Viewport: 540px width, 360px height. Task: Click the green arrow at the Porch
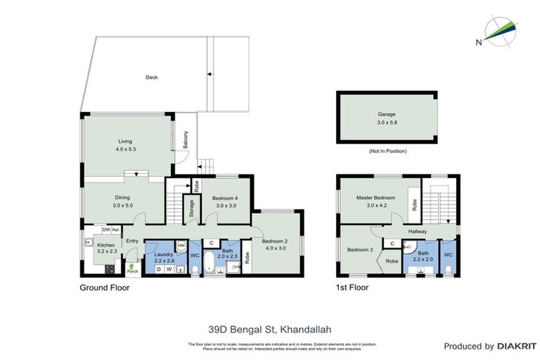131,265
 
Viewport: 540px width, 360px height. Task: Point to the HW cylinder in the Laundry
181,245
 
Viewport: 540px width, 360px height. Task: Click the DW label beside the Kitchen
105,229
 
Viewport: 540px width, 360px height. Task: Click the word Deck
150,77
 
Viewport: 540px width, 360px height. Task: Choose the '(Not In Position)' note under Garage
387,151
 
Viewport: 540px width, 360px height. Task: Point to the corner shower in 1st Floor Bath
409,246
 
